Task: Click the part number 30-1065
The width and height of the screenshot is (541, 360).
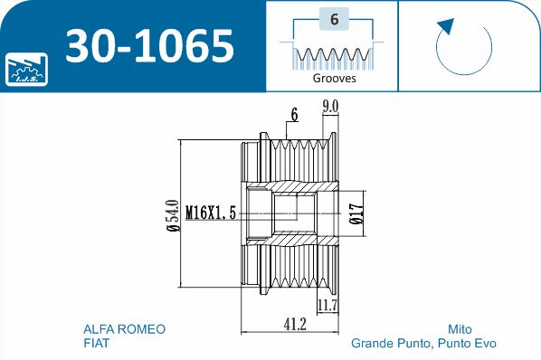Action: [150, 45]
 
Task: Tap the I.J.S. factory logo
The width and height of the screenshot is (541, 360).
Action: [26, 69]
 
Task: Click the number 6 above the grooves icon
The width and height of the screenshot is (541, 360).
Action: [334, 19]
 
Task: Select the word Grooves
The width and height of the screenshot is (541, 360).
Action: [334, 79]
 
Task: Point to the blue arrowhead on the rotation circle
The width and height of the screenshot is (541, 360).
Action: [446, 26]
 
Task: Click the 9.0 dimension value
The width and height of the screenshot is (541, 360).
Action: [330, 107]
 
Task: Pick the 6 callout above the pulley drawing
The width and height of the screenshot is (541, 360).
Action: [294, 115]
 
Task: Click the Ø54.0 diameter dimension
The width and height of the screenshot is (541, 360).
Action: [173, 215]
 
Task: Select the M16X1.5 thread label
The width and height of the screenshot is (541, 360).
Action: [211, 213]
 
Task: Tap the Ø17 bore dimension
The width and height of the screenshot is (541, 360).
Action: [356, 213]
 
